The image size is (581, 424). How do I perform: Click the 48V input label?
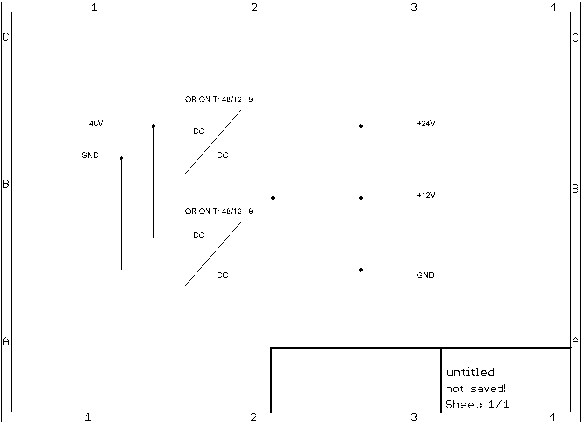click(96, 123)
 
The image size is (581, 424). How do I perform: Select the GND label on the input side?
click(90, 155)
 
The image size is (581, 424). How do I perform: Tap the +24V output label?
click(426, 123)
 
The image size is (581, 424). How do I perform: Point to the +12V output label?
click(426, 195)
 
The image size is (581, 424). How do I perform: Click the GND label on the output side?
click(425, 275)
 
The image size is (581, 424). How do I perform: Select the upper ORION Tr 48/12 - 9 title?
click(219, 99)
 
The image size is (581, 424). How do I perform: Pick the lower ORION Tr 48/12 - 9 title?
click(219, 211)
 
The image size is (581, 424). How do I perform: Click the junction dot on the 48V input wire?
click(153, 126)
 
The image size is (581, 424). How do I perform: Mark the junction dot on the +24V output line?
click(361, 126)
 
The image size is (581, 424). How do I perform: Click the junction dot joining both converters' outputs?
click(273, 198)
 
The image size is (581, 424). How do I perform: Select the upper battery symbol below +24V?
click(361, 162)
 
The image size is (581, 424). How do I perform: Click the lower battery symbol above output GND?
click(361, 234)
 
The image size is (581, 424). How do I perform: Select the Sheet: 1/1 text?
click(477, 405)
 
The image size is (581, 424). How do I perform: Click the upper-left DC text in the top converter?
click(199, 131)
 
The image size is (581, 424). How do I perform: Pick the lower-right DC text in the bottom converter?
click(222, 275)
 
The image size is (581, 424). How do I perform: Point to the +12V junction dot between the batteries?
click(361, 198)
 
